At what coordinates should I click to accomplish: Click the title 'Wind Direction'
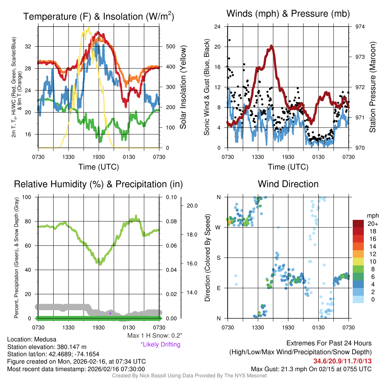tap(288, 184)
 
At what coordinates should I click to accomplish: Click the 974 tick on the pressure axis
tap(360, 27)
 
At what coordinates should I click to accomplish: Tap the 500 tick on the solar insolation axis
tap(170, 47)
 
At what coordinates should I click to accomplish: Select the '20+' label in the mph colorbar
tap(372, 224)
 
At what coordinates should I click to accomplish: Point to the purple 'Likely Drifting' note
tap(160, 345)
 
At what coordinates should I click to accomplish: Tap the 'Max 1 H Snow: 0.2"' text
tap(154, 336)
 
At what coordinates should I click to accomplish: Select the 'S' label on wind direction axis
tap(218, 258)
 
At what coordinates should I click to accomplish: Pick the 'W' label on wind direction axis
tap(218, 227)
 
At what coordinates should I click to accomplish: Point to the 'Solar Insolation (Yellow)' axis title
tap(183, 87)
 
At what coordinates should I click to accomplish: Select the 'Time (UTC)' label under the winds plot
tap(288, 167)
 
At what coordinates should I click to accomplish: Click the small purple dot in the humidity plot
tap(110, 313)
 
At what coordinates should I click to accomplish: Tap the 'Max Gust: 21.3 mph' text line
tap(311, 369)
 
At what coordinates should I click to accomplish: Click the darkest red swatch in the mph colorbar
tap(358, 224)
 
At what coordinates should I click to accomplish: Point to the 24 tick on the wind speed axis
tap(218, 27)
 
